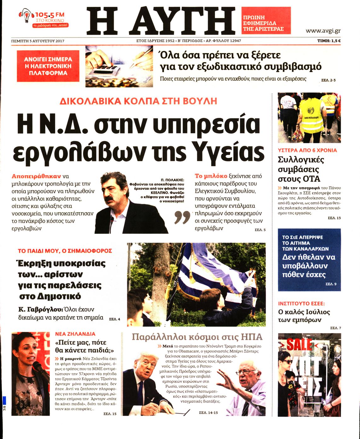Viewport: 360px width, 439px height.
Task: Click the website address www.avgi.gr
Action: click(x=323, y=31)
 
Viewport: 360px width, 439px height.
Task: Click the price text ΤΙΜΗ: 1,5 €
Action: click(x=329, y=41)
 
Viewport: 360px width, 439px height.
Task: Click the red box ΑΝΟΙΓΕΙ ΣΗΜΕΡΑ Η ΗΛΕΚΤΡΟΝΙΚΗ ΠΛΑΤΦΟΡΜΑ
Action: click(x=48, y=66)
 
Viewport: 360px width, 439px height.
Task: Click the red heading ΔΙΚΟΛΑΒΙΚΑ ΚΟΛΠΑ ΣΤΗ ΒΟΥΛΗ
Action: click(x=138, y=101)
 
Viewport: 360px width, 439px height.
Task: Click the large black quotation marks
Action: click(x=183, y=217)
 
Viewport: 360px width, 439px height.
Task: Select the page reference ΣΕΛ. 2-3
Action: click(x=328, y=80)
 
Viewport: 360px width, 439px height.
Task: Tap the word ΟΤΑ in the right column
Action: click(x=311, y=179)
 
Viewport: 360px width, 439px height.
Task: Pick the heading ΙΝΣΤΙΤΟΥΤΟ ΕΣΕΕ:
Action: click(x=301, y=303)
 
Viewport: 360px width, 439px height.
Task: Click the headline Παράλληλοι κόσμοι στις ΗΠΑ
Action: click(x=197, y=337)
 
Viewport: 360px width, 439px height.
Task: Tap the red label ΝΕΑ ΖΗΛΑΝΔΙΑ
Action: click(x=75, y=334)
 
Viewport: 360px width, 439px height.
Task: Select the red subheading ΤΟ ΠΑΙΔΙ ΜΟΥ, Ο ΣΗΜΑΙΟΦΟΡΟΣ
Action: click(x=65, y=251)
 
